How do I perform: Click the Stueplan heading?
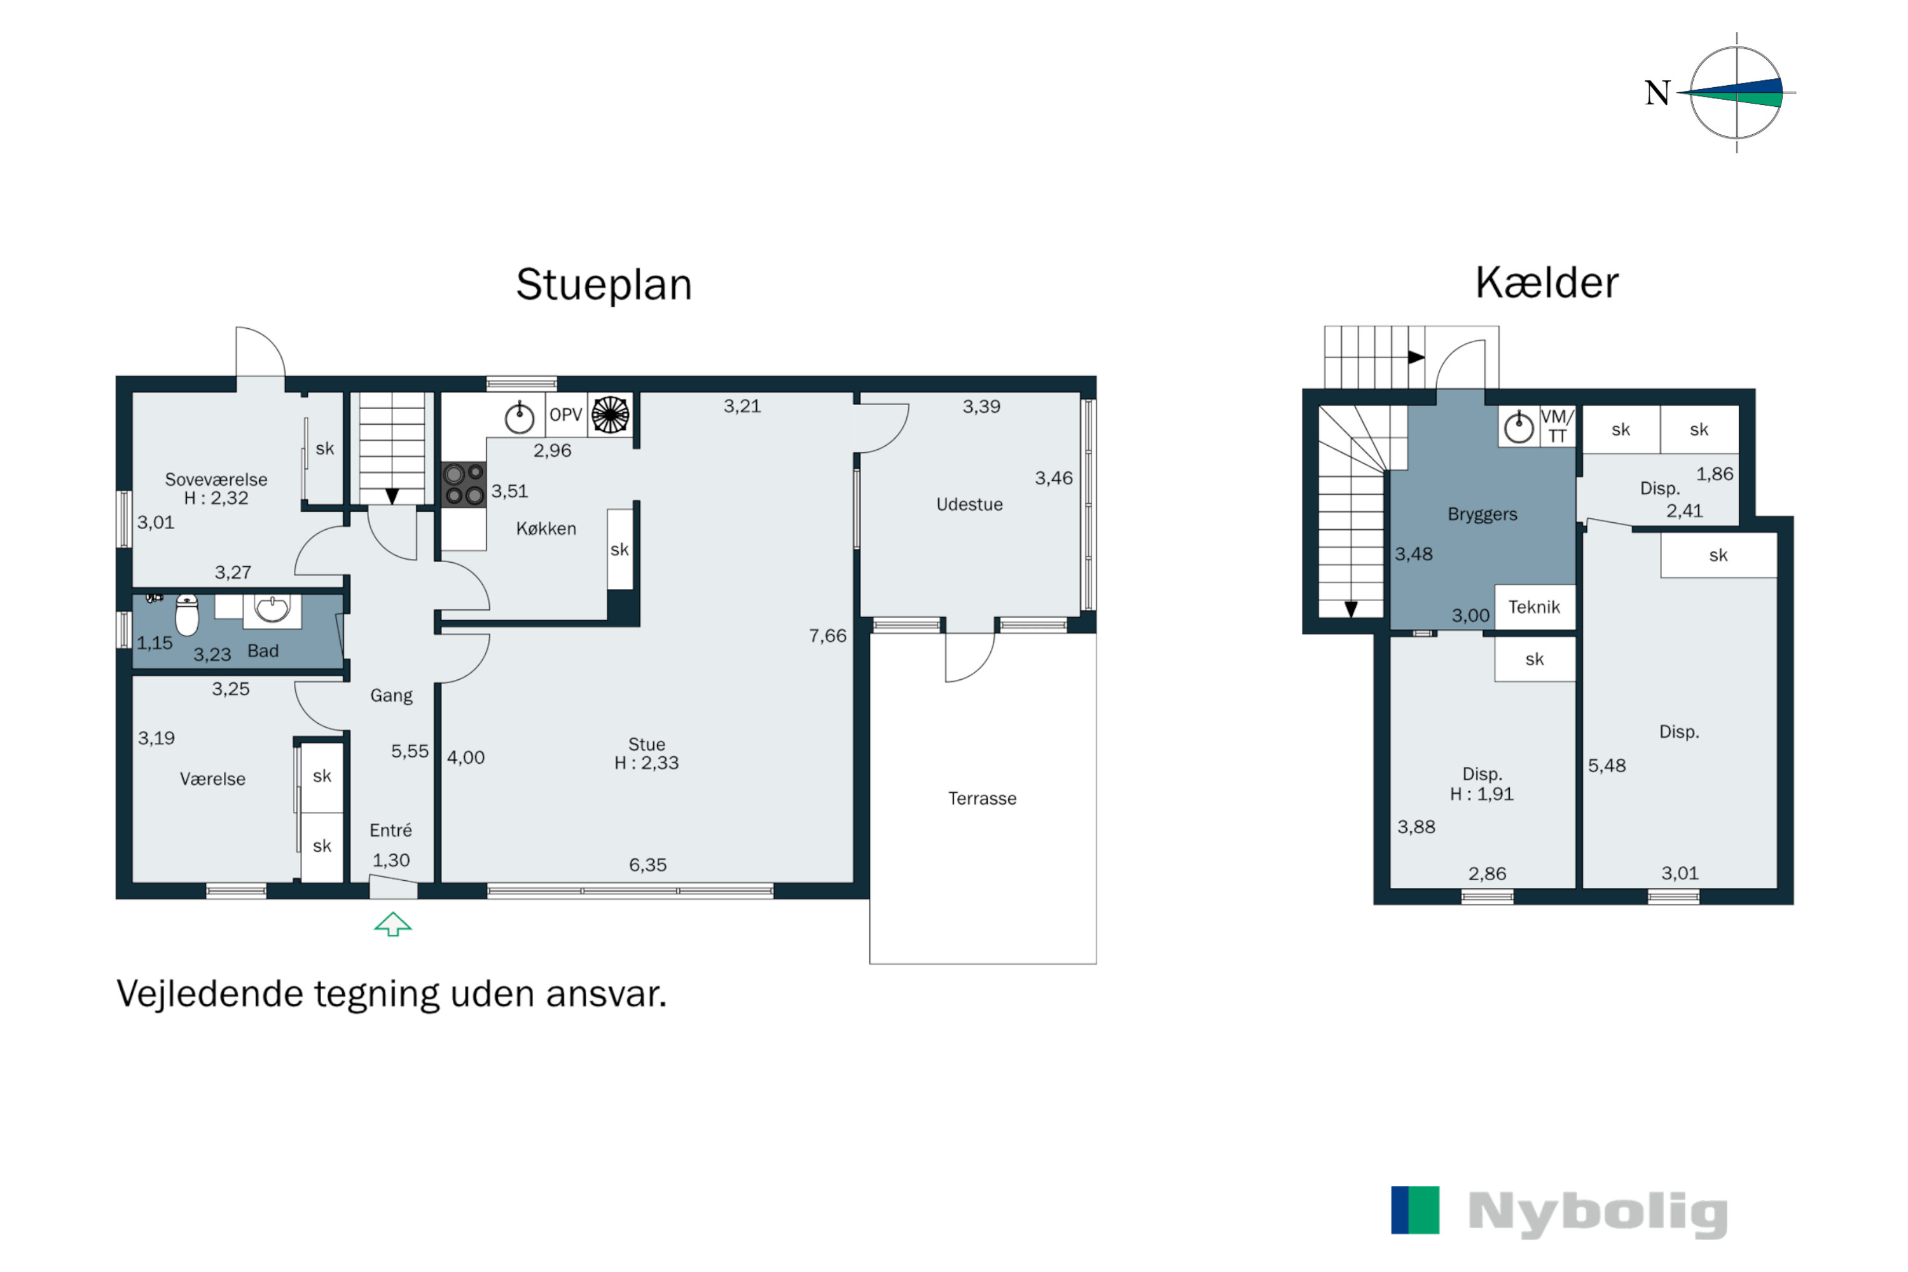pos(604,286)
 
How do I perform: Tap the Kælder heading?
pos(1546,284)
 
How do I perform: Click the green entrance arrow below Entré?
pos(392,924)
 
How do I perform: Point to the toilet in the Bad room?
pos(186,615)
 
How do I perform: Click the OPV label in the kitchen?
pos(565,415)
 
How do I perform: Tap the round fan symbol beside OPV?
pos(610,415)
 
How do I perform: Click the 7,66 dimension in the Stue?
pos(827,636)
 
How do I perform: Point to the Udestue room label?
pos(969,504)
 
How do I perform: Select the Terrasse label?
pos(981,799)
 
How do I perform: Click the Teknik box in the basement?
pos(1534,607)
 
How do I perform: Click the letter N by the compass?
pos(1657,93)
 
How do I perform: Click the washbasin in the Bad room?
pos(272,609)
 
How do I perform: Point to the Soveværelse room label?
pos(216,480)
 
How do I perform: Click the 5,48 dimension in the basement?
pos(1607,766)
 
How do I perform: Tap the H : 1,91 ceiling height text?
pos(1481,794)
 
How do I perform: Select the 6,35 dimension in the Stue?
pos(647,866)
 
